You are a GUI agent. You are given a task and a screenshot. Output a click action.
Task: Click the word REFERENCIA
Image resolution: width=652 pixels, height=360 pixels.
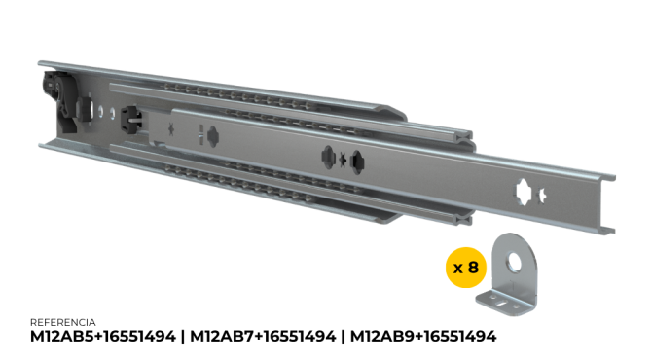coord(63,322)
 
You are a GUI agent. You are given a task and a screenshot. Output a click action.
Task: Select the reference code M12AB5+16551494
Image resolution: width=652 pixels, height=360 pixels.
coord(103,336)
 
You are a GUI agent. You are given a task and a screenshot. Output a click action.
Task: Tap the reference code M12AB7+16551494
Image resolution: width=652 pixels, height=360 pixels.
coord(263,336)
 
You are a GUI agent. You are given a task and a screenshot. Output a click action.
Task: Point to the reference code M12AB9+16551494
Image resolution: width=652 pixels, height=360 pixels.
coord(423,336)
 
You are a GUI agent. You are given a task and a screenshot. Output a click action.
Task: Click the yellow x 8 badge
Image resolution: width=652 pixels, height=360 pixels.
coord(466,268)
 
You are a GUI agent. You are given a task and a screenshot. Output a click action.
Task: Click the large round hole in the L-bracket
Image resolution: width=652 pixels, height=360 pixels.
coord(515,261)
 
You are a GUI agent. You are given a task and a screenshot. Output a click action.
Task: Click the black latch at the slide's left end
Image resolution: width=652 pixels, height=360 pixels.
coord(61,101)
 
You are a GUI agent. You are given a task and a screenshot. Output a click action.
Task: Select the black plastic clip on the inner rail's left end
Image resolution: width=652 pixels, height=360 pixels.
coord(131,120)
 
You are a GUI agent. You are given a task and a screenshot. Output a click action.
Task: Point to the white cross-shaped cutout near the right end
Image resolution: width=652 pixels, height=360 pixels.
coord(524,193)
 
